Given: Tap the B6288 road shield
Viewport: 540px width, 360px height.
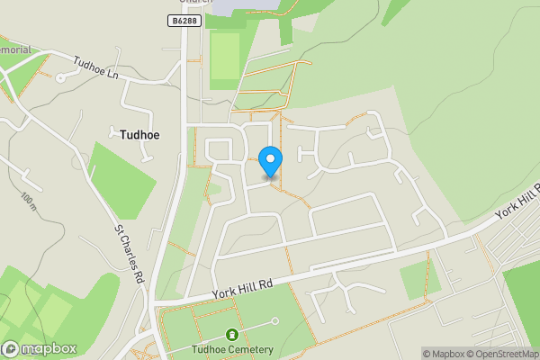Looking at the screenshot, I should point(184,19).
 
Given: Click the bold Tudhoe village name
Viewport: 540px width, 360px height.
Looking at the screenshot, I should point(139,135).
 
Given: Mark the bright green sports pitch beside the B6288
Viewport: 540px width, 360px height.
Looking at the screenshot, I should point(225,58).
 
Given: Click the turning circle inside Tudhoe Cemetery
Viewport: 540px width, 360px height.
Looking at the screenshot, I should point(275,321).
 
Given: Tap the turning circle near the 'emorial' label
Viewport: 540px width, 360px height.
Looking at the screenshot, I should point(60,77).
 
